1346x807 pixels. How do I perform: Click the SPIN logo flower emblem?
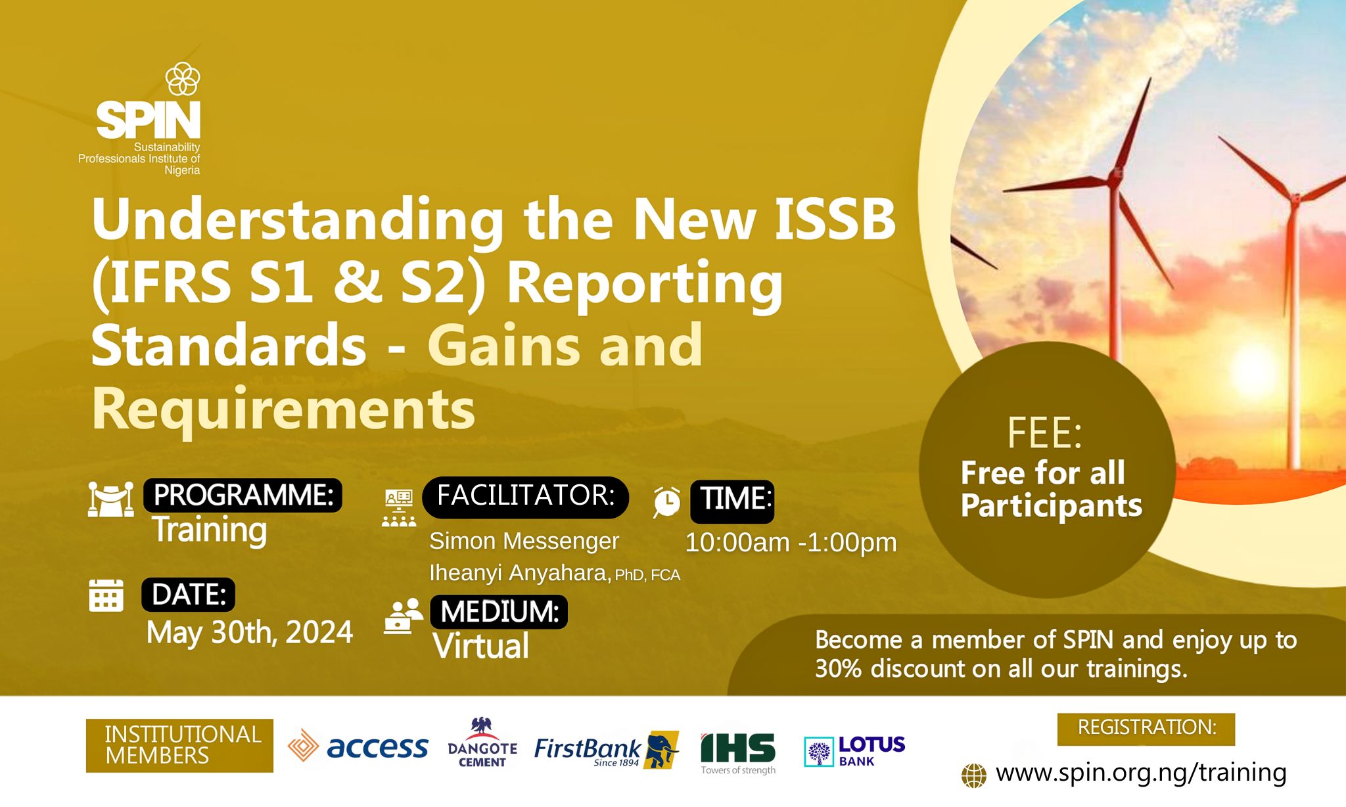tap(183, 79)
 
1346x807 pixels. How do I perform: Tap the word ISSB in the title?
tap(835, 219)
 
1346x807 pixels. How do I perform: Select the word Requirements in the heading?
tap(283, 410)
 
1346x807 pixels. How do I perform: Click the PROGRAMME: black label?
tap(243, 495)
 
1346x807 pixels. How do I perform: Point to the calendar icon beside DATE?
tap(106, 595)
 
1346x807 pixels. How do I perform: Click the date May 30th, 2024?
tap(250, 632)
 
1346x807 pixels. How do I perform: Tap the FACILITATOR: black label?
tap(525, 497)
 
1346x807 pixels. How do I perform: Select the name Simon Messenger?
tap(524, 541)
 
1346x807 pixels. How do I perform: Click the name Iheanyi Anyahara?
tap(520, 573)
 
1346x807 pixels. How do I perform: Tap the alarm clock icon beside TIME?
tap(666, 502)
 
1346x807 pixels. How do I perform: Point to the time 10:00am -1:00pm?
tap(791, 543)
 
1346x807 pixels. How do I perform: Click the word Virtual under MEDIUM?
tap(481, 645)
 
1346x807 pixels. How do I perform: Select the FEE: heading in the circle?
tap(1044, 433)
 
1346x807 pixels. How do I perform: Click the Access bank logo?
tap(358, 747)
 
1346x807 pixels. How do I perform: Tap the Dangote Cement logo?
tap(482, 743)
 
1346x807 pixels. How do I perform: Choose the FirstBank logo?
tap(606, 749)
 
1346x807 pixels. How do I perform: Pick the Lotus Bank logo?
tap(854, 751)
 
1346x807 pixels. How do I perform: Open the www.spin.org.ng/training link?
tap(1141, 773)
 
